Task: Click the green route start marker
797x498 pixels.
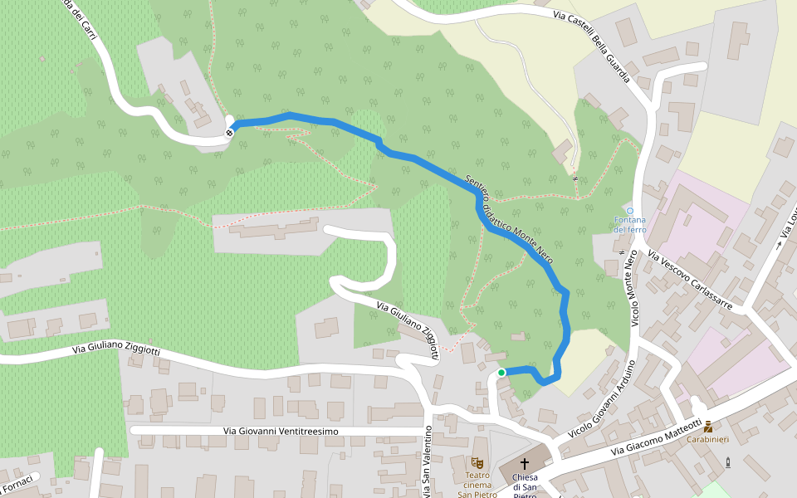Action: tap(501, 373)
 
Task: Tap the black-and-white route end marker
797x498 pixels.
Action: tap(230, 131)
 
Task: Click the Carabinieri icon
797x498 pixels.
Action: tap(707, 427)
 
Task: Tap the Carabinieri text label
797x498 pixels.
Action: tap(707, 439)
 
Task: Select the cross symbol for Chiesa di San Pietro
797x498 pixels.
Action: tap(524, 462)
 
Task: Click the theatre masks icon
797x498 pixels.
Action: tap(477, 461)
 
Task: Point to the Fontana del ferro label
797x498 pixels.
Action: tap(629, 224)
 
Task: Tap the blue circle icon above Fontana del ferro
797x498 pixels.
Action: tap(629, 211)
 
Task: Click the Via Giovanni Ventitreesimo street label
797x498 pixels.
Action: tap(281, 432)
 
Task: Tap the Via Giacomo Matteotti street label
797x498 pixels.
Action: tap(656, 437)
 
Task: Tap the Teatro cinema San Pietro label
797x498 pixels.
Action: tap(477, 485)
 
